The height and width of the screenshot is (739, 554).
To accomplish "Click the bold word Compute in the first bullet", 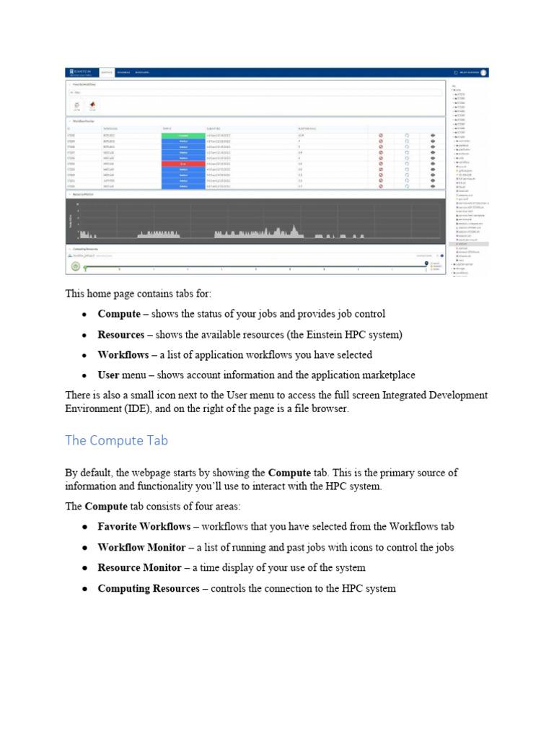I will pos(119,314).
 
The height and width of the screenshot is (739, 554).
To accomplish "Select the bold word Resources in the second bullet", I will pos(121,335).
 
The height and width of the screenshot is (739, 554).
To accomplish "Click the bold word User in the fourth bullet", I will pos(108,375).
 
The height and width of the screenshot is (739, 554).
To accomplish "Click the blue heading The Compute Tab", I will pos(117,440).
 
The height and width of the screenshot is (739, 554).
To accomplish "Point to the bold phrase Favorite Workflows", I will pos(144,527).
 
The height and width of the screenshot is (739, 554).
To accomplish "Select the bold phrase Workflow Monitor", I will pos(139,548).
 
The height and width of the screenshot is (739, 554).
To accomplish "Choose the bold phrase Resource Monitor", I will pos(139,568).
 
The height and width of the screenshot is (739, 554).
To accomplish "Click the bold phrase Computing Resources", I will pos(149,588).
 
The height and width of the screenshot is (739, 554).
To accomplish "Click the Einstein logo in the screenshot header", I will pos(80,72).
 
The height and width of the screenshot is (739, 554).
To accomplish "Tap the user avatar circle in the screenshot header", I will pos(484,72).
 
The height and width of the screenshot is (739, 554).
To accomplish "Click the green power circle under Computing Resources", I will pos(75,266).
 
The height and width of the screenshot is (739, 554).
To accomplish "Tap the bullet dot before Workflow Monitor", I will pos(85,548).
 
